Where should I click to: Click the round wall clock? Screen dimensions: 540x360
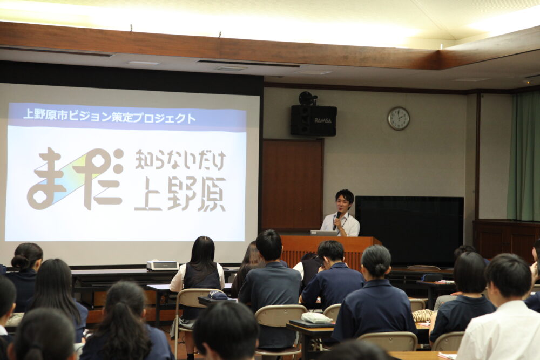(x=399, y=118)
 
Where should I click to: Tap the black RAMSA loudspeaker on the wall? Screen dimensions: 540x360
(x=313, y=120)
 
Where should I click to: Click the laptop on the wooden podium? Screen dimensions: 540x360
(x=324, y=233)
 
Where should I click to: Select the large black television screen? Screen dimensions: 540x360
(x=409, y=230)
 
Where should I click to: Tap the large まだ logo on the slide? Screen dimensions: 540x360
(x=76, y=179)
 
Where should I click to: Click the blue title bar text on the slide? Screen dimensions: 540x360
(x=109, y=117)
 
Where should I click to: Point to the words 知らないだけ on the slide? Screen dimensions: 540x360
(x=180, y=160)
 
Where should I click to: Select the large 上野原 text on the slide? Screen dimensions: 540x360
(x=180, y=194)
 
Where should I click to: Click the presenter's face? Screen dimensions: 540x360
(x=343, y=204)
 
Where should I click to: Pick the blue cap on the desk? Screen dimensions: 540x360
(x=217, y=295)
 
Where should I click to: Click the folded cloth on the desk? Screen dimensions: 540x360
(x=316, y=318)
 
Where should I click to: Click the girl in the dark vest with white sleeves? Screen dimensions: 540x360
(x=198, y=272)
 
